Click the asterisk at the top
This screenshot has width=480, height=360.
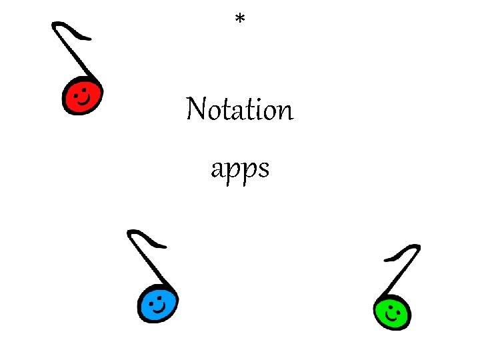tap(240, 20)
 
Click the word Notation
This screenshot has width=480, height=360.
tap(239, 109)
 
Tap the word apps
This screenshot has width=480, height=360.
tap(240, 170)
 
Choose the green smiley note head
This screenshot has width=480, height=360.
tap(392, 311)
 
